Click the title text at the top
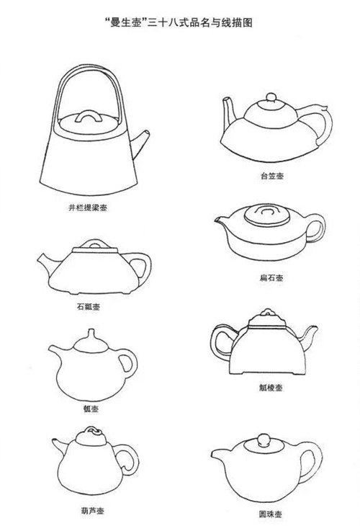178,23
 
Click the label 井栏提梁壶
88,208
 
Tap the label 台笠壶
272,176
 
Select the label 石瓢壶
89,307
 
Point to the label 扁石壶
271,277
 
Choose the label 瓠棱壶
271,388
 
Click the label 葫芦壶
92,511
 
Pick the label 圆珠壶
270,514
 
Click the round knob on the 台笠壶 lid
271,97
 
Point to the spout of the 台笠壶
230,112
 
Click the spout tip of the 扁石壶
216,219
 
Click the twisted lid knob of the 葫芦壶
91,430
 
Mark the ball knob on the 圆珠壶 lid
264,440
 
